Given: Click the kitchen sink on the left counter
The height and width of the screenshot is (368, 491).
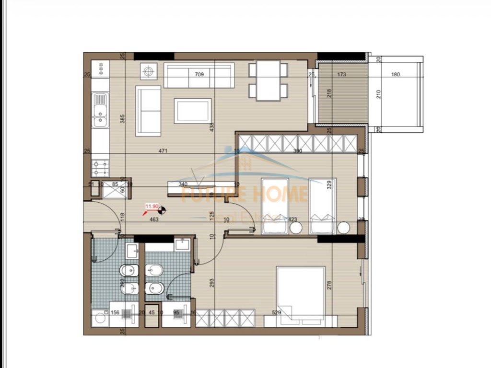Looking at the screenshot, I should (101, 110).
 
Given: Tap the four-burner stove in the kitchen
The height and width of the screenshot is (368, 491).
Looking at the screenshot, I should (100, 168).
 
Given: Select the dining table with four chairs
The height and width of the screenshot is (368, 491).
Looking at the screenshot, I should (268, 80).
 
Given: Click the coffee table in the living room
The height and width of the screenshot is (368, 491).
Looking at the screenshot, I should (192, 111).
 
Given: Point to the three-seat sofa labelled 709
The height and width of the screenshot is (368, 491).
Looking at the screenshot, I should (199, 75).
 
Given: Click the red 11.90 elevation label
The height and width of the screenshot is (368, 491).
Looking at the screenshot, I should (152, 207).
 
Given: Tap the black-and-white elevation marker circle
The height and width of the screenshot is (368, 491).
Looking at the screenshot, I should (163, 209).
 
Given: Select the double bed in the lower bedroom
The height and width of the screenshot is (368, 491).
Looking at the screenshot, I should (301, 293).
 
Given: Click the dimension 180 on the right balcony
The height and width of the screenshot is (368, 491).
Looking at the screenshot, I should (396, 75).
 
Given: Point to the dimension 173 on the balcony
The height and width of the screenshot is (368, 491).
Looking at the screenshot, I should (341, 75).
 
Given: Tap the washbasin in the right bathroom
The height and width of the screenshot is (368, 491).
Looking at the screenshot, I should (182, 245).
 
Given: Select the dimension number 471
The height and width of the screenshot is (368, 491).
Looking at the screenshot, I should (163, 151).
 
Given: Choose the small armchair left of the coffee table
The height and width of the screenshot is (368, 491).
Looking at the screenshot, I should (148, 110).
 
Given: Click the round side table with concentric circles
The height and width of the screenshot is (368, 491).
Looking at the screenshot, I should (149, 72).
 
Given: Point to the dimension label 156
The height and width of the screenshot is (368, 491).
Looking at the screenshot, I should (115, 313).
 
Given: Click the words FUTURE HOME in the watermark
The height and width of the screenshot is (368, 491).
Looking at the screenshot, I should (245, 194).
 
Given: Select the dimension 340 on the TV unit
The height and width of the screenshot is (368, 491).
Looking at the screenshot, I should (183, 184).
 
